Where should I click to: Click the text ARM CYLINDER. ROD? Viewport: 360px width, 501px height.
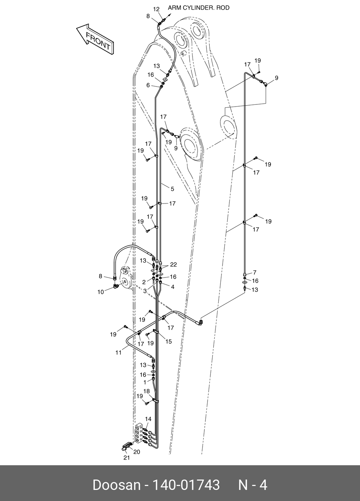pos(199,8)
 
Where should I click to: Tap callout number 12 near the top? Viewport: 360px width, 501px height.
pos(156,9)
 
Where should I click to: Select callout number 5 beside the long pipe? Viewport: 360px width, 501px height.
pos(172,189)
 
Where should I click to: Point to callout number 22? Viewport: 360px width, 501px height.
pos(174,265)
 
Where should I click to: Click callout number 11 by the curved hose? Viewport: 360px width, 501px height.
pos(118,352)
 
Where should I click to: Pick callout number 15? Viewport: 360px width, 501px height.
pos(169,342)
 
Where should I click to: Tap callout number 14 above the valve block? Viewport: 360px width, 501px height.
pos(148,419)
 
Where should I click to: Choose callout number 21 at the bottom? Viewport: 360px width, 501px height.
pos(126,458)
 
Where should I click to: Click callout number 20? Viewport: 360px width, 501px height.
pos(137,452)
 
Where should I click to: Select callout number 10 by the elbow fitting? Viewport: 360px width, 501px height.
pos(101,292)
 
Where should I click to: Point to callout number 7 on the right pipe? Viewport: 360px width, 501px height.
pos(255,272)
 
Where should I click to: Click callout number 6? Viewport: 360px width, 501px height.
pos(148,85)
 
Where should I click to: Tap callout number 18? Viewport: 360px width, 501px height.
pos(147,391)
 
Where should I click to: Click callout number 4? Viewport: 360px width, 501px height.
pos(172,287)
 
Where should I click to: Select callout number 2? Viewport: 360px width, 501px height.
pos(144,282)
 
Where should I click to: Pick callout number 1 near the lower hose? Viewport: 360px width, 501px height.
pos(144,382)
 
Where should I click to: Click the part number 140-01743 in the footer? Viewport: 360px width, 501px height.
pos(186,485)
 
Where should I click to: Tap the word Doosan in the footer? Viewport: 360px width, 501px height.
pos(116,485)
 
